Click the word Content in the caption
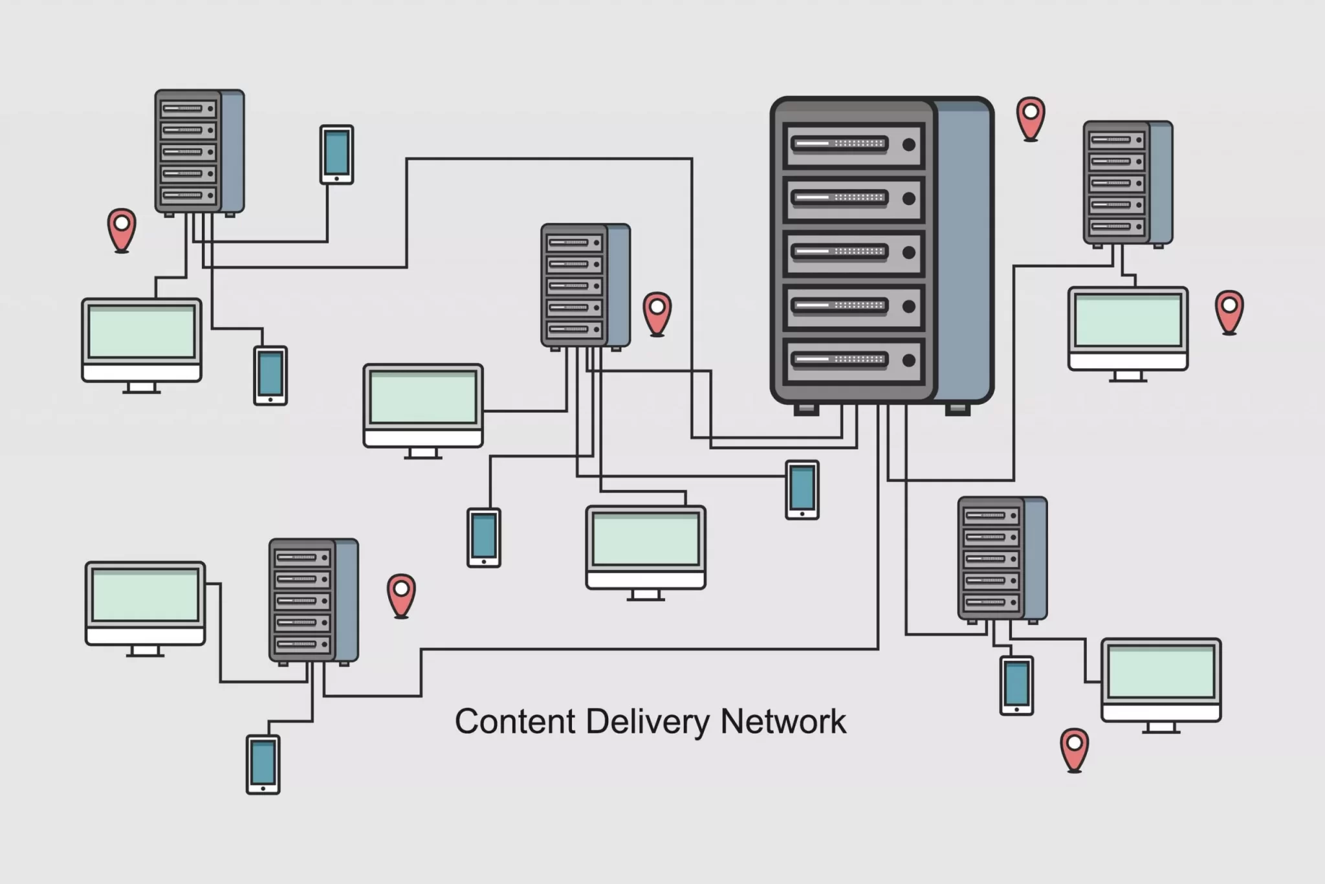point(514,722)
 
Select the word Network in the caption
point(783,722)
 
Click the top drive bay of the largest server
point(853,144)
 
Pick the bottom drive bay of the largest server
point(853,360)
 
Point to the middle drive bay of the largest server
point(853,252)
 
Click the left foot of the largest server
point(806,410)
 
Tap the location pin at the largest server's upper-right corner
point(1031,117)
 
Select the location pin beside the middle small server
point(657,313)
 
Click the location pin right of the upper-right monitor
point(1229,311)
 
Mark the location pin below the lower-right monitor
point(1074,749)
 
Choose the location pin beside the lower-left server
point(401,594)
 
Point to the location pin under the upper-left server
point(122,228)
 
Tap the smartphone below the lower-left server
point(263,764)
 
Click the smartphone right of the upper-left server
point(336,155)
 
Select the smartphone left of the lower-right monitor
point(1016,685)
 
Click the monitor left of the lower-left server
point(146,603)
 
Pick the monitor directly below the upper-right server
point(1128,329)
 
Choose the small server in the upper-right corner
point(1127,183)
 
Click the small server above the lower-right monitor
point(1002,558)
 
